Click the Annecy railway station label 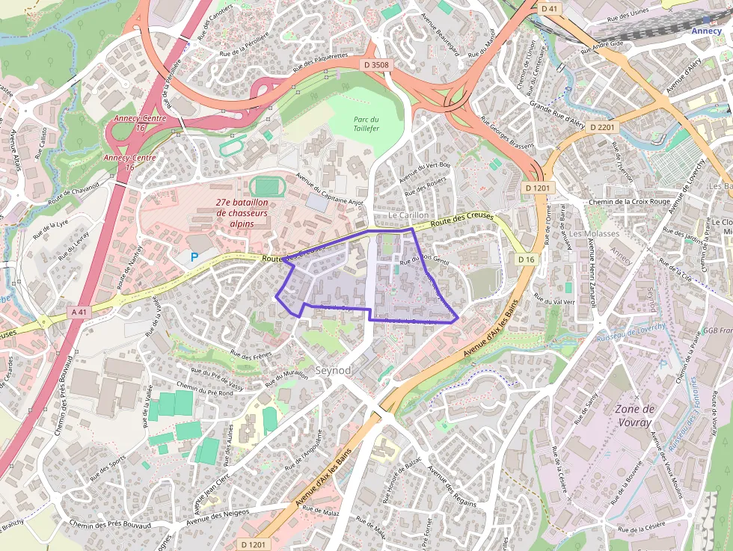(x=706, y=31)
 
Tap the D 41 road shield (x=549, y=8)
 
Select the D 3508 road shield (x=376, y=65)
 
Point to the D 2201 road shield (x=602, y=128)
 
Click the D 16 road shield (x=527, y=259)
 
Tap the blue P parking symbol (x=194, y=257)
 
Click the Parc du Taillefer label (x=366, y=124)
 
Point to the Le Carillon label (x=408, y=215)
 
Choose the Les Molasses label (x=594, y=233)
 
